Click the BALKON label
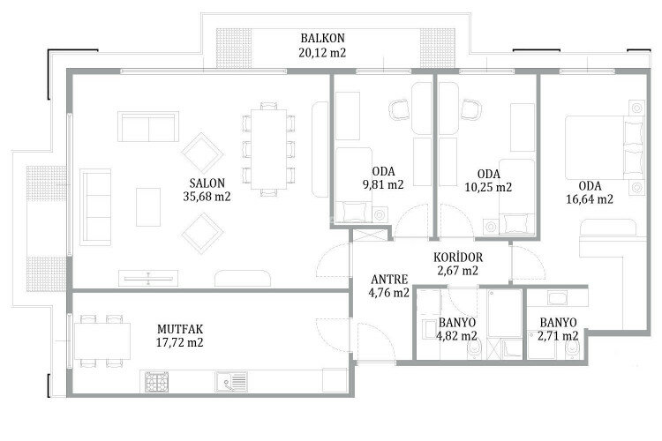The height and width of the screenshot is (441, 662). pos(321,39)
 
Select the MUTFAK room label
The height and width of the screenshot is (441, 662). pos(182,327)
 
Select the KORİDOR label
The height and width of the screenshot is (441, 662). pos(457,257)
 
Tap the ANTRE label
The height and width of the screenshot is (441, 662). pos(388,279)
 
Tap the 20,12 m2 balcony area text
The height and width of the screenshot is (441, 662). pos(321,53)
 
